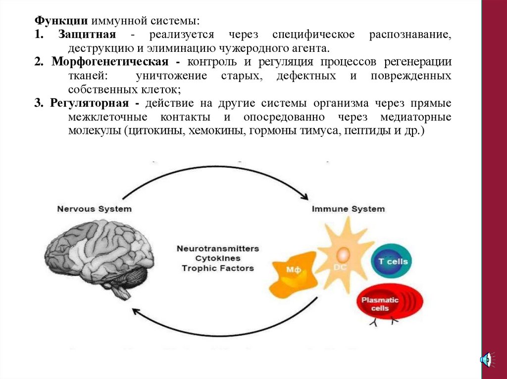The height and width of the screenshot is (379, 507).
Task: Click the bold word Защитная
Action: (87, 35)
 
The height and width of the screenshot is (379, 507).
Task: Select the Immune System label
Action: (348, 209)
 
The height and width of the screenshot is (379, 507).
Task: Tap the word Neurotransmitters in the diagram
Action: (217, 249)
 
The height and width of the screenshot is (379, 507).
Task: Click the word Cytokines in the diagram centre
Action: (217, 258)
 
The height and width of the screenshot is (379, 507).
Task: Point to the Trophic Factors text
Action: (217, 268)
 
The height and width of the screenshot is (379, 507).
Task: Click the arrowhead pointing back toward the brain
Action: (135, 310)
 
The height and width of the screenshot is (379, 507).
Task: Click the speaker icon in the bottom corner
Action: (486, 359)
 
